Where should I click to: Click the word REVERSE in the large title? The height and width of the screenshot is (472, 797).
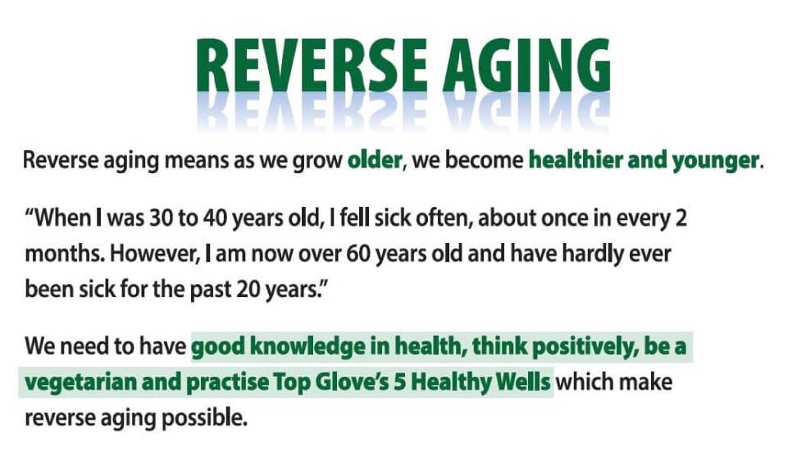pos(312,66)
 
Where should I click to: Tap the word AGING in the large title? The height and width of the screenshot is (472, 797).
pos(526,66)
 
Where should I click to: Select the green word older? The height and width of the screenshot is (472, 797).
pos(375,160)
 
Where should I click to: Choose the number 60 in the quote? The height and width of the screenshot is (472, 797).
pos(358,254)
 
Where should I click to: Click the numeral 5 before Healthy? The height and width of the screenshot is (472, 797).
pos(399,382)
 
